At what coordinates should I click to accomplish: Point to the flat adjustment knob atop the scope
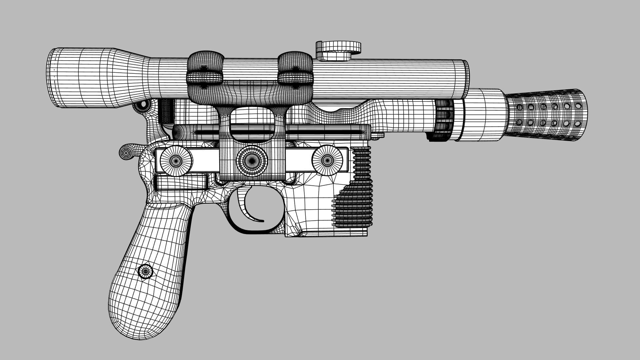click(338, 47)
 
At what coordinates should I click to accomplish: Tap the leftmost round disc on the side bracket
click(176, 161)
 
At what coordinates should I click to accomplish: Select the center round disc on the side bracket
click(251, 161)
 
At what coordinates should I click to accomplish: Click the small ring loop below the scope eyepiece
click(144, 105)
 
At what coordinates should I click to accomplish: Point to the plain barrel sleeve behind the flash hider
click(483, 115)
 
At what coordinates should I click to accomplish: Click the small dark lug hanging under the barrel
click(432, 136)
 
